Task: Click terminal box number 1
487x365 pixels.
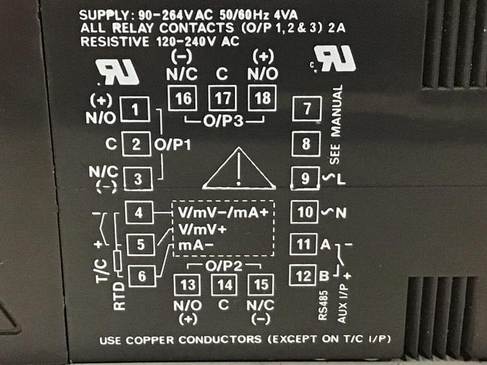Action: [137, 109]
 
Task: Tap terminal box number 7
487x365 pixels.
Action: [305, 109]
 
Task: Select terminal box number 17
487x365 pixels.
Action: [223, 97]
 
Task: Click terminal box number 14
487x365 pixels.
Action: [224, 285]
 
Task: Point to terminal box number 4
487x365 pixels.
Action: [139, 213]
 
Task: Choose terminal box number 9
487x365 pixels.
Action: [305, 179]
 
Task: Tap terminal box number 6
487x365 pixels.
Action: [142, 276]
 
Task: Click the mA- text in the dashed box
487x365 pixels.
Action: [193, 245]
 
